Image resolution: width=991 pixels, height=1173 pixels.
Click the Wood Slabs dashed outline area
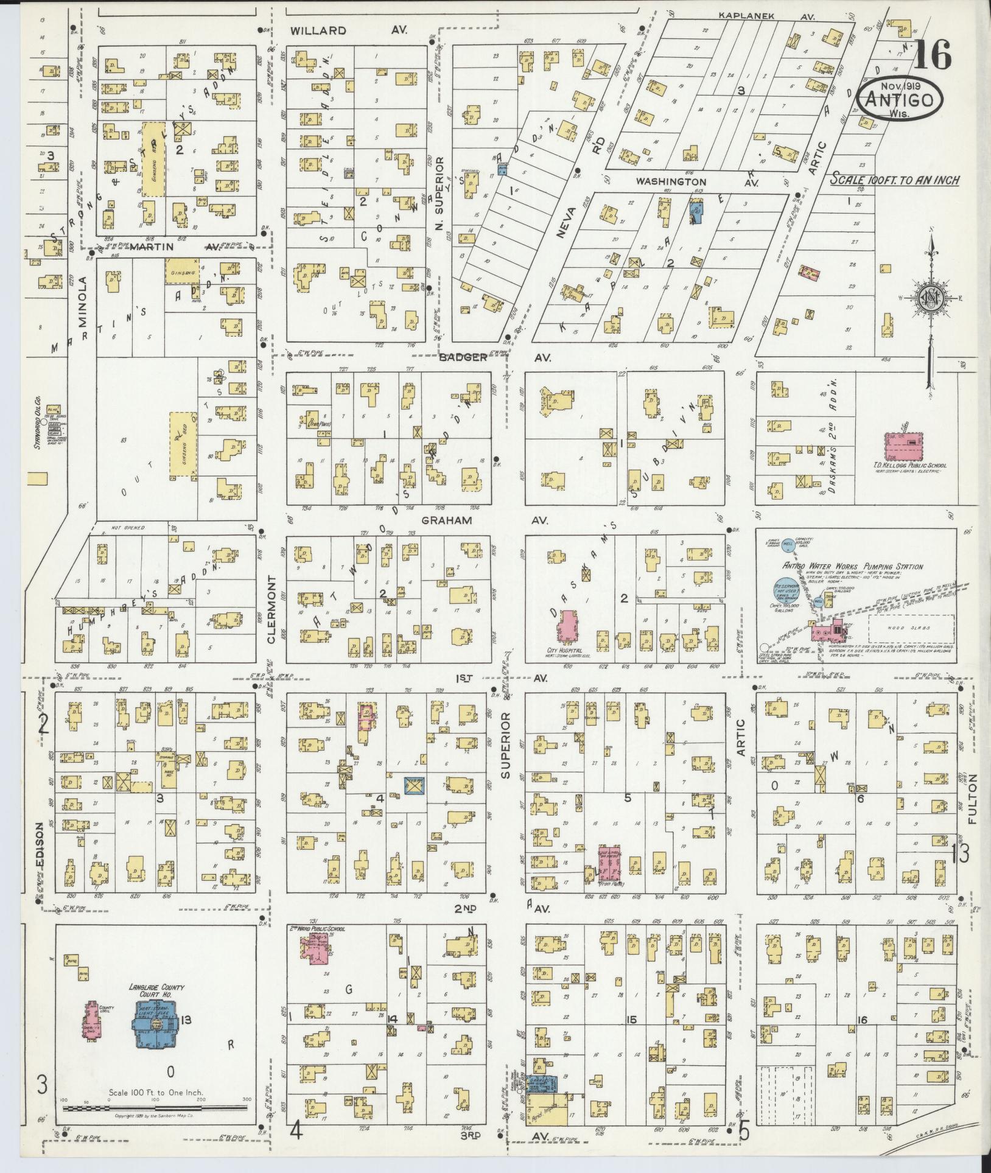click(909, 628)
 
